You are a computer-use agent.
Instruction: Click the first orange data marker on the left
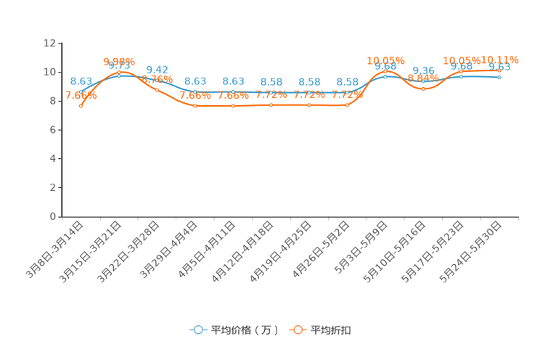point(81,106)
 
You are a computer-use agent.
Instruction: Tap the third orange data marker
point(157,90)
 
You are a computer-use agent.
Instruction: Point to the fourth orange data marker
point(195,106)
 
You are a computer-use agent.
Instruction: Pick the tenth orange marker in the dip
point(423,89)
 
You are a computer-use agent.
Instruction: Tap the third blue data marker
point(157,80)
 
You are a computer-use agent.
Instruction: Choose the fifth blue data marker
point(233,93)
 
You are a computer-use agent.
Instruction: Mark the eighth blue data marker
point(347,93)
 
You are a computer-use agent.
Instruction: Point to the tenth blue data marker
point(423,81)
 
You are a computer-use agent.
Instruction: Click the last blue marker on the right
point(499,76)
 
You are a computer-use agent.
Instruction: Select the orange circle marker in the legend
point(298,330)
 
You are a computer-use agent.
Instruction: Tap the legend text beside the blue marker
point(245,330)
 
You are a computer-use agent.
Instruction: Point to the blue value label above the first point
point(81,80)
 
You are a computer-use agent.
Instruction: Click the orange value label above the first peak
point(119,60)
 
